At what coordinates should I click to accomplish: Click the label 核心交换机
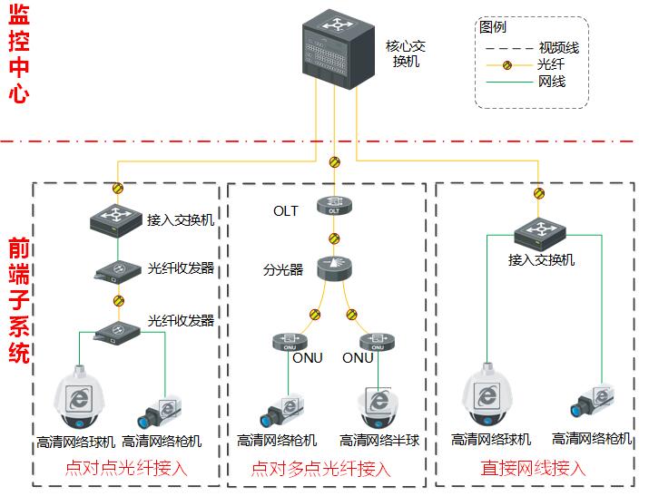[x=406, y=54]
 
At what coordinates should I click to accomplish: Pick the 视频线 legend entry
[x=557, y=47]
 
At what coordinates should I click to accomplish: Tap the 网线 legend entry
[x=552, y=82]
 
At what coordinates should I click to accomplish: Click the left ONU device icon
[x=289, y=343]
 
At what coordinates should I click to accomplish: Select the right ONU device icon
[x=376, y=343]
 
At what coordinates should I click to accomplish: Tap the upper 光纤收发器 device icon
[x=115, y=270]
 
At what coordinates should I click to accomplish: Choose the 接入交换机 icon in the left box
[x=115, y=219]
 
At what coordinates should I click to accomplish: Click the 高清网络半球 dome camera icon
[x=378, y=409]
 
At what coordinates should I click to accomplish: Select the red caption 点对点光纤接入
[x=125, y=469]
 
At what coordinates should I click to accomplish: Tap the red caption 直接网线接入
[x=533, y=469]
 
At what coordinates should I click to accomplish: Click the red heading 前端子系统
[x=17, y=300]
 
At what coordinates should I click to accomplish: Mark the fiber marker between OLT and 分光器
[x=333, y=238]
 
